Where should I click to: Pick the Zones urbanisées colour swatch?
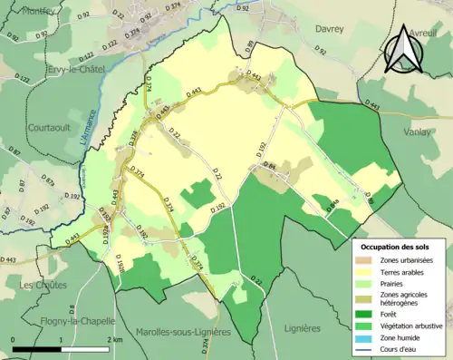click(x=370, y=260)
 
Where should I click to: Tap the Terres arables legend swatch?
click(x=370, y=272)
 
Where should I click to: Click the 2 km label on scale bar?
click(x=113, y=339)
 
